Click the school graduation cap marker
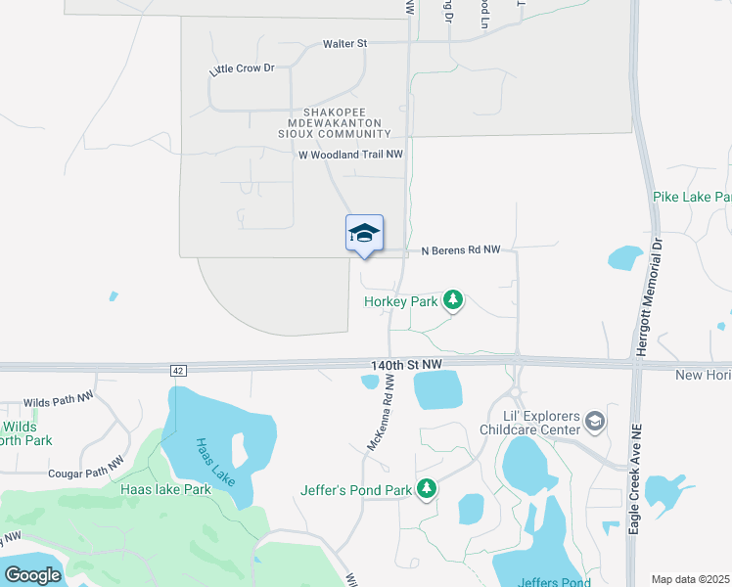click(364, 234)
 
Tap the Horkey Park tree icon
click(452, 300)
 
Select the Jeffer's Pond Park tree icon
click(426, 488)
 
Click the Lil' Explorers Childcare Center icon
click(594, 422)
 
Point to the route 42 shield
click(177, 371)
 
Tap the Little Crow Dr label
click(242, 69)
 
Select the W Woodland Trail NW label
click(350, 155)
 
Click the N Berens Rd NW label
click(461, 250)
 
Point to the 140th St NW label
click(407, 364)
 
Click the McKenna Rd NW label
click(380, 417)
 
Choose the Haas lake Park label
click(165, 489)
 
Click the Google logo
click(32, 574)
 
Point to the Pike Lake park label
click(692, 198)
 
